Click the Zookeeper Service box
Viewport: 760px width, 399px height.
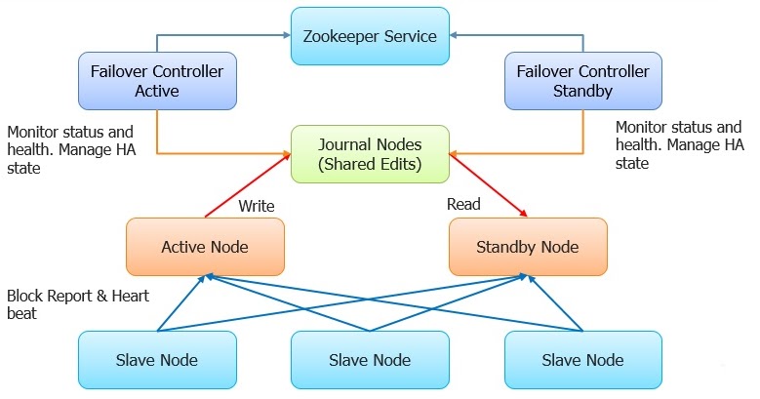tap(370, 37)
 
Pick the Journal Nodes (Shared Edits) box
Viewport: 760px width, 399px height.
tap(370, 154)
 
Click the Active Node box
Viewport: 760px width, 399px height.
tap(205, 247)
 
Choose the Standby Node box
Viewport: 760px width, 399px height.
tap(528, 247)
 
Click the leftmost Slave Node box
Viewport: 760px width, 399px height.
tap(156, 360)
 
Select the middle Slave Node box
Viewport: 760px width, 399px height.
tap(370, 360)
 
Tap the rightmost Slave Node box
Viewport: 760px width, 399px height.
tap(582, 360)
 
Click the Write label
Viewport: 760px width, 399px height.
tap(256, 206)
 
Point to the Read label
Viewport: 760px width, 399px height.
tap(462, 205)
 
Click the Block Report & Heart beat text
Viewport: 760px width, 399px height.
tap(78, 304)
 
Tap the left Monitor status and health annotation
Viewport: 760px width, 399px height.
tap(69, 148)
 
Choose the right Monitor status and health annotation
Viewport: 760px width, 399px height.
tap(679, 145)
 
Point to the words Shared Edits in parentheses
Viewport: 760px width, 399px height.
tap(371, 165)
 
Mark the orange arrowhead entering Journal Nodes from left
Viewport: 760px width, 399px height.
tap(286, 153)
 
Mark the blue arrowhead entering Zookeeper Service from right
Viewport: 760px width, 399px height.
tap(456, 36)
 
